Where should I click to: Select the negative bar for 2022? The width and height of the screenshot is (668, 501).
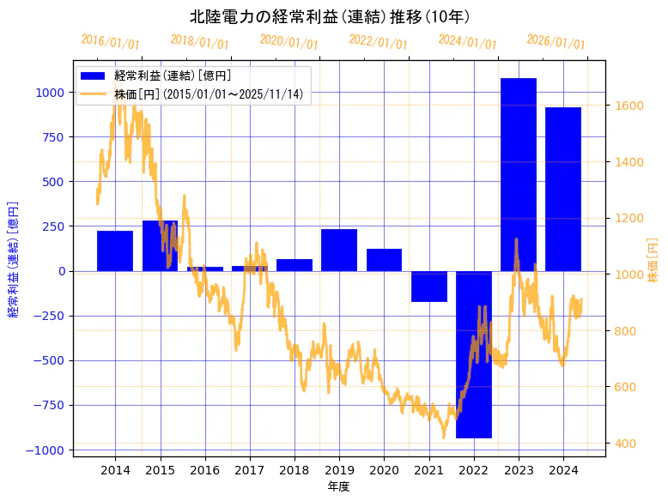(474, 354)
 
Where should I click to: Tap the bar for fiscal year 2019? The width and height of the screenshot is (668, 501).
(339, 250)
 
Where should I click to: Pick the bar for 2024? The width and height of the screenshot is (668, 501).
(563, 189)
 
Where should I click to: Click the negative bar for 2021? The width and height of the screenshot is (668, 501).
(429, 287)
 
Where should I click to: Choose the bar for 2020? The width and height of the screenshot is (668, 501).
(384, 260)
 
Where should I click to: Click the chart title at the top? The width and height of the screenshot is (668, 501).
(330, 17)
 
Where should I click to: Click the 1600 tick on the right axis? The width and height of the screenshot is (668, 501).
(629, 106)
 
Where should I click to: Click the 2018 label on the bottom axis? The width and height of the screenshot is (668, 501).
(294, 470)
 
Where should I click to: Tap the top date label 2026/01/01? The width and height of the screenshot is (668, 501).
(556, 42)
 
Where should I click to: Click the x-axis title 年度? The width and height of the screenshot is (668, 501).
(339, 486)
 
